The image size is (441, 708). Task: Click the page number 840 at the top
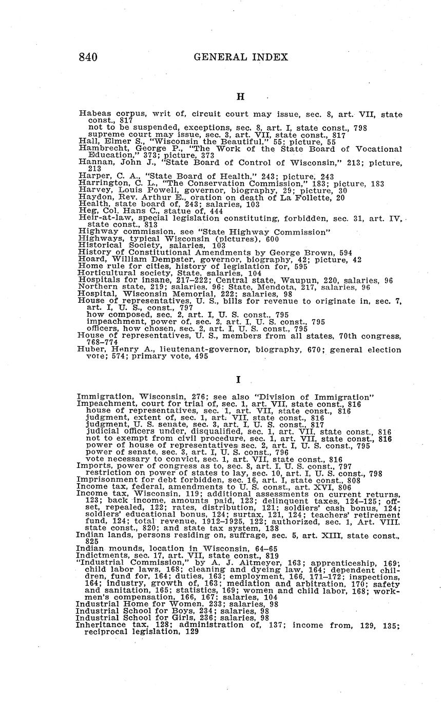88,57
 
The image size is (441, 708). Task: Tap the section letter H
240,96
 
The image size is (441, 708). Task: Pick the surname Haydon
92,196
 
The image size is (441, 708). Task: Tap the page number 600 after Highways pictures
272,239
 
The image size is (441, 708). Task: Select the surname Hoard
88,260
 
